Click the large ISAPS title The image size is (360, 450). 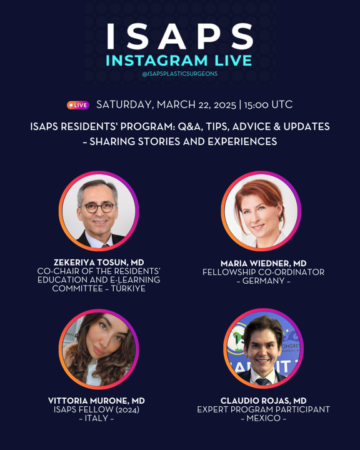[180, 36]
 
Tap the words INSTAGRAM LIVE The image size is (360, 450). [179, 61]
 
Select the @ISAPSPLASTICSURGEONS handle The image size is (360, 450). [180, 74]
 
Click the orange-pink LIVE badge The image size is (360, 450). [78, 106]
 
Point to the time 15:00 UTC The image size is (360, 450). [268, 104]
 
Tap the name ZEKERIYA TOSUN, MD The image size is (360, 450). [99, 262]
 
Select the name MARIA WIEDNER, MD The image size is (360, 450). [264, 263]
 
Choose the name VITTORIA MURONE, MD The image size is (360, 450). [96, 401]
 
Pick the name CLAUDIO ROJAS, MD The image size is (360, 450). [264, 401]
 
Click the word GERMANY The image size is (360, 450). [264, 281]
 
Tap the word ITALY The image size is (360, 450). [96, 418]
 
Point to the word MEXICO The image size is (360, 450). [264, 418]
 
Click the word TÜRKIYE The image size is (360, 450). [128, 288]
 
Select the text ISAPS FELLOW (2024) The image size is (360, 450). [96, 409]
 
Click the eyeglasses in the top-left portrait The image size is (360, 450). [99, 207]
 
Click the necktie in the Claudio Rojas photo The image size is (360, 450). [262, 382]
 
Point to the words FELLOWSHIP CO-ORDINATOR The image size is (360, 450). [264, 272]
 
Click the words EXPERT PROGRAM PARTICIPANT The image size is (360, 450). [264, 409]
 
